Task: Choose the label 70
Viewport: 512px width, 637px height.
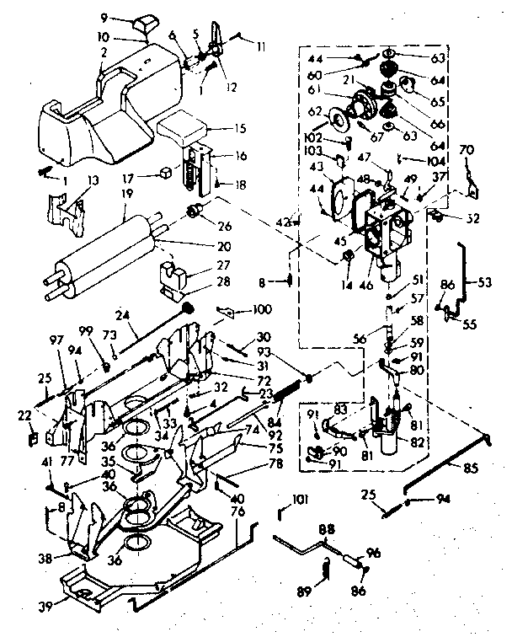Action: [466, 152]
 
